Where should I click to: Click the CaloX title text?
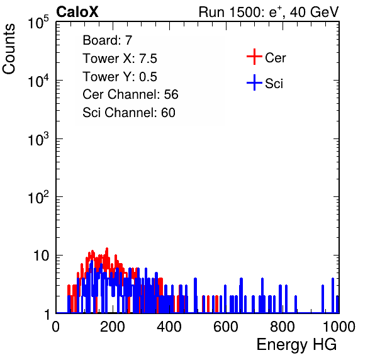point(77,12)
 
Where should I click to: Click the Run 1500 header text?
point(269,12)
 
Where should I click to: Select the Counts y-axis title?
point(9,49)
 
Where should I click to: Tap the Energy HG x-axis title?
point(296,345)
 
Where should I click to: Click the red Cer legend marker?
point(254,57)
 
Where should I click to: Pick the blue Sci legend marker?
point(254,83)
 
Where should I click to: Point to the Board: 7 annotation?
point(108,40)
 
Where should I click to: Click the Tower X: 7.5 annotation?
point(120,59)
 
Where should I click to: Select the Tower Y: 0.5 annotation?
point(120,77)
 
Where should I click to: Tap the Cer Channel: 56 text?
point(130,94)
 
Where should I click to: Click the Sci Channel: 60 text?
point(129,113)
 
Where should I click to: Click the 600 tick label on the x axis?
point(226,327)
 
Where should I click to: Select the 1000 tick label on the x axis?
point(339,327)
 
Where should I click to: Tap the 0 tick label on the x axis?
point(56,327)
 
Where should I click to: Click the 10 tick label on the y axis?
point(42,256)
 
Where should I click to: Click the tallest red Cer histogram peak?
point(107,249)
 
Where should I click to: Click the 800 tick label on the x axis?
point(283,327)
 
